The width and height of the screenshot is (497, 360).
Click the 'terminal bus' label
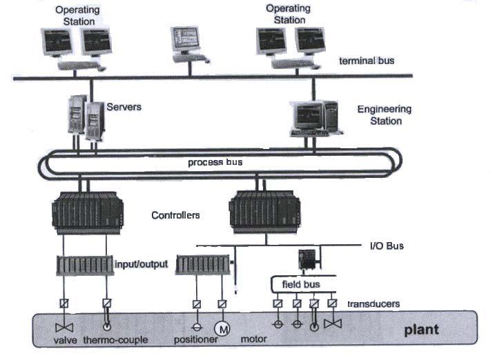(x=367, y=61)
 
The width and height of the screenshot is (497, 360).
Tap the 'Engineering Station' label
(x=384, y=114)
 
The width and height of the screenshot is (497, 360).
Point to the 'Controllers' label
(x=175, y=215)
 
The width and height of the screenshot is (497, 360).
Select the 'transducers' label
(x=373, y=304)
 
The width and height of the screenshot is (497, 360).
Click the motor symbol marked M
(x=222, y=326)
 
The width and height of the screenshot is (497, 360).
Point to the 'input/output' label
(x=141, y=263)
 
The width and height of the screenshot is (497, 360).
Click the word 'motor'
(x=253, y=340)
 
